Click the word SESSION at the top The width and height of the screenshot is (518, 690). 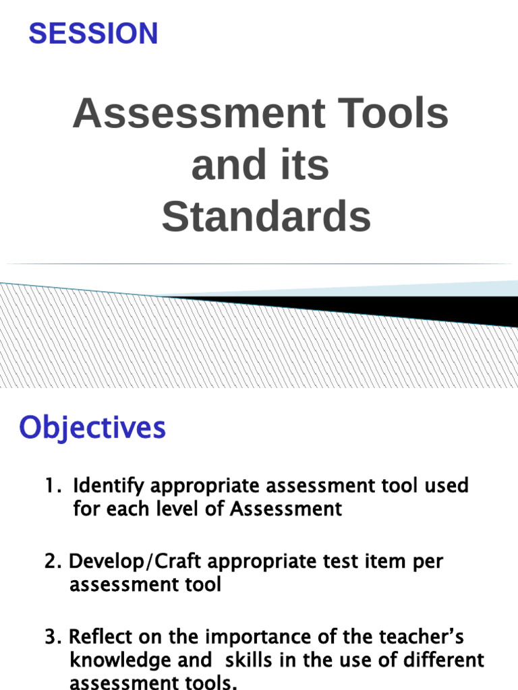[x=93, y=34]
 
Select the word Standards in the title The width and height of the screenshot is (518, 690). [x=266, y=217]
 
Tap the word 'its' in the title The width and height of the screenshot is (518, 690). [x=306, y=165]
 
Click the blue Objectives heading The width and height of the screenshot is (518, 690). [x=92, y=427]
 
